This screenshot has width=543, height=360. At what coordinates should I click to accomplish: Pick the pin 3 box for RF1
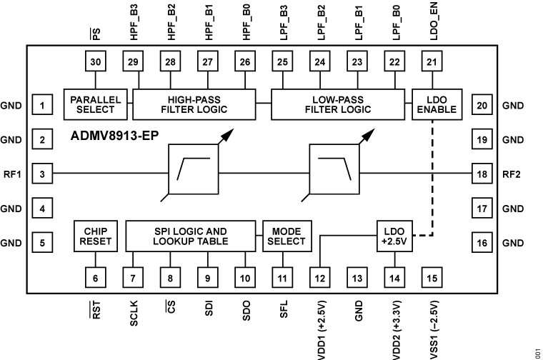(43, 174)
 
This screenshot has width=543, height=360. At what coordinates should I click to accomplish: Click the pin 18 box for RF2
(482, 174)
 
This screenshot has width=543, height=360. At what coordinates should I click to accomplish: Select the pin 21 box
(431, 62)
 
